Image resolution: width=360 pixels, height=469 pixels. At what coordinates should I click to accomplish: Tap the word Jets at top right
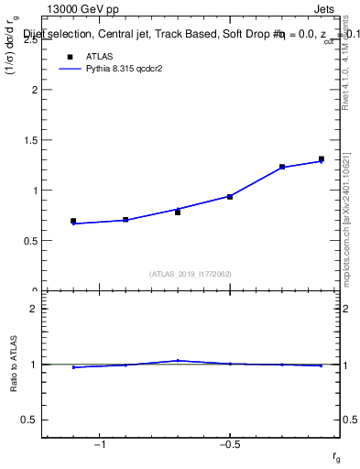tap(325, 8)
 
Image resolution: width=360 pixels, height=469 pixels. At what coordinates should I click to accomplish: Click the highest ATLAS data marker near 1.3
tap(322, 159)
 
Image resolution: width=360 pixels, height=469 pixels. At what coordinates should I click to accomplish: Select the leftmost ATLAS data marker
tap(73, 221)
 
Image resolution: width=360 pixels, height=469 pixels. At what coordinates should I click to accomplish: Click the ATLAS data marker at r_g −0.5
tap(230, 196)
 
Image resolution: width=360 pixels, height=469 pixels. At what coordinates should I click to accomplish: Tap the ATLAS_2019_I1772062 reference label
tap(191, 273)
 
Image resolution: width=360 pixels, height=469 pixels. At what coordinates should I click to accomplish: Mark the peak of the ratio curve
tap(178, 361)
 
